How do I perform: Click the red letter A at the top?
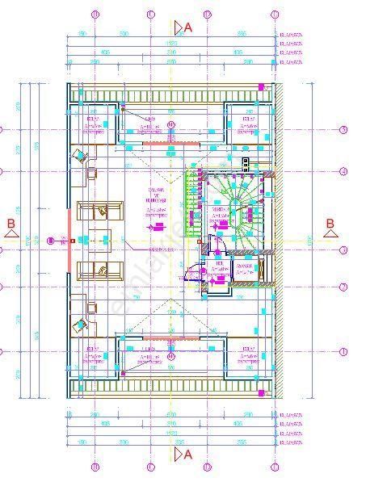[188, 27]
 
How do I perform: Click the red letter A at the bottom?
[188, 455]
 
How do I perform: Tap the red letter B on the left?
[11, 223]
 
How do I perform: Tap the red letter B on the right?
[330, 224]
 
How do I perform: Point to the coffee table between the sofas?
[99, 240]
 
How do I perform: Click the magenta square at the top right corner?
[261, 85]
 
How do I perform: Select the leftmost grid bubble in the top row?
[95, 15]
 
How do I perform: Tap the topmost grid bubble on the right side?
[343, 130]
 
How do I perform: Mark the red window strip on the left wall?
[71, 224]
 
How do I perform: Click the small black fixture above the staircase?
[246, 163]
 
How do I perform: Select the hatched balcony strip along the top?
[170, 95]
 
